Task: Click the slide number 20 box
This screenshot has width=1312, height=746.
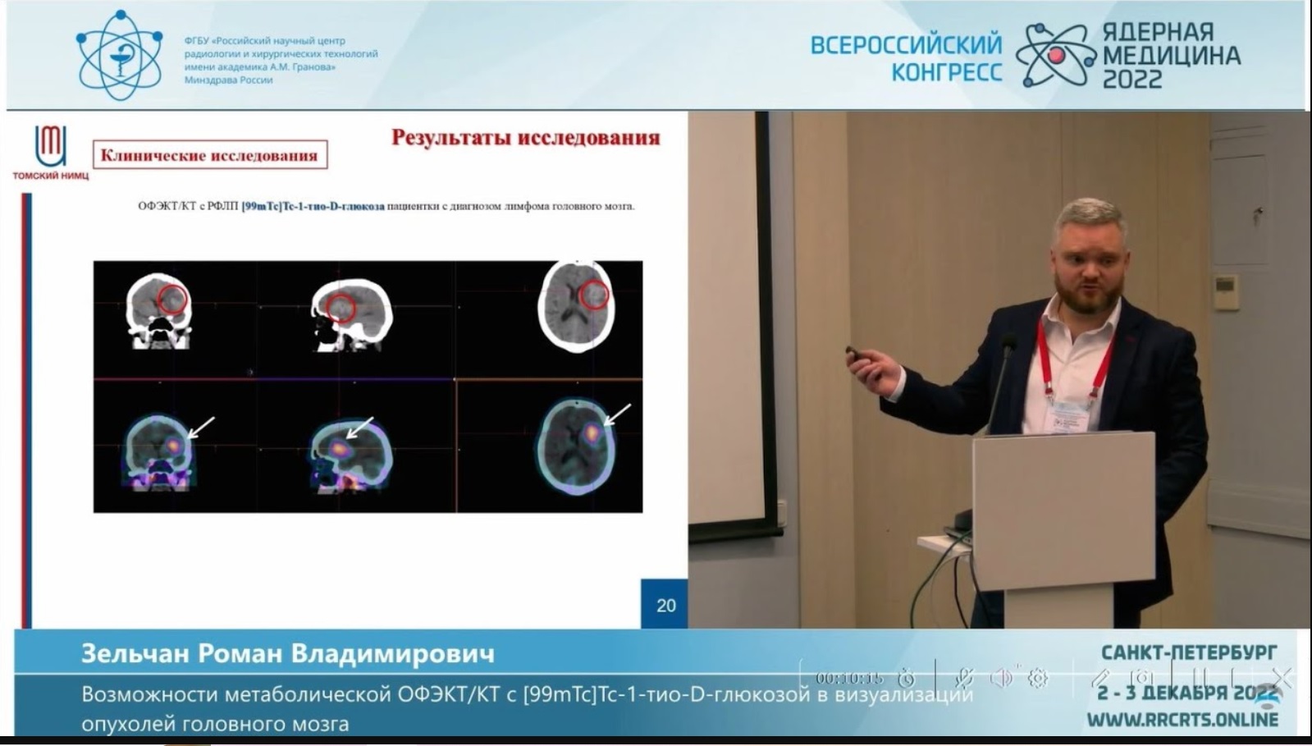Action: click(665, 605)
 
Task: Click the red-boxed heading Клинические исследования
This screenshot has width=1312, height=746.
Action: click(209, 155)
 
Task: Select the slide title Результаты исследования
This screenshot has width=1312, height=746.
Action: click(525, 137)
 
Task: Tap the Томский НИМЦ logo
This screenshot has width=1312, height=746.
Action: click(50, 153)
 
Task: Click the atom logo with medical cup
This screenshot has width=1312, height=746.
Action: click(119, 56)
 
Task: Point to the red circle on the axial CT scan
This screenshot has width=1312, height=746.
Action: click(595, 294)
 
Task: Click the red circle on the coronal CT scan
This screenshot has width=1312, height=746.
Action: click(172, 300)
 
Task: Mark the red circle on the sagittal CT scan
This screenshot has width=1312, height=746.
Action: click(341, 308)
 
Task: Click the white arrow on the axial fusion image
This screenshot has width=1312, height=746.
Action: click(617, 414)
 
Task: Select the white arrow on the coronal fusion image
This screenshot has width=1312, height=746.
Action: click(201, 427)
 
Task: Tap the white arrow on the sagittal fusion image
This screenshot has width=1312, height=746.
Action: click(359, 428)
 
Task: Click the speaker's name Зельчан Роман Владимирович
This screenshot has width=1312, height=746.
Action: click(287, 654)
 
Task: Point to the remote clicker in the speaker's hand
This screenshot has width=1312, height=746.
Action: click(857, 355)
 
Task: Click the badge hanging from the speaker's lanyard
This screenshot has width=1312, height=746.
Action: click(1070, 414)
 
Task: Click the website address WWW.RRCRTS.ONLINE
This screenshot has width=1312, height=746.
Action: click(1182, 720)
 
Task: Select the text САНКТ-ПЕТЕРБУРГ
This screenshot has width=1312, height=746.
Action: click(1188, 652)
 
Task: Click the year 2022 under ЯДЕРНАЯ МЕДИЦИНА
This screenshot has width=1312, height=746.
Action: click(1132, 80)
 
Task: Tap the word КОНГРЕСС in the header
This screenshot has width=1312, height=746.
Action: click(947, 72)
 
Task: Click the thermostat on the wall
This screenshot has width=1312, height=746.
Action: click(1226, 291)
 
